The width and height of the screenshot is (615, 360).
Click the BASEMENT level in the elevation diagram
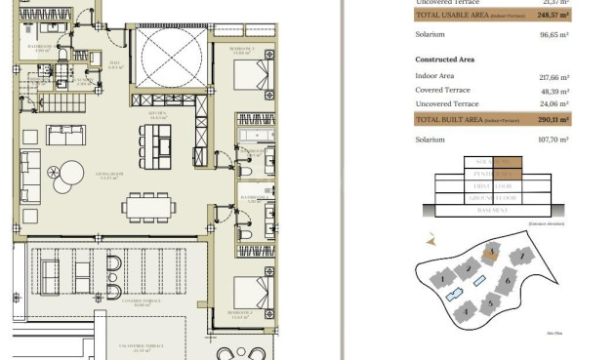pos(493,210)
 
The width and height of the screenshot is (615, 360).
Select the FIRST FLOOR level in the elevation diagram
pos(493,185)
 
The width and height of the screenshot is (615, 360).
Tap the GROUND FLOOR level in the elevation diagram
pos(493,197)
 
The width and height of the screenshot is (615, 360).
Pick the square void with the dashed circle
pos(171,57)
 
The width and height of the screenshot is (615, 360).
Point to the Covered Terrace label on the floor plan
pos(116,303)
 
